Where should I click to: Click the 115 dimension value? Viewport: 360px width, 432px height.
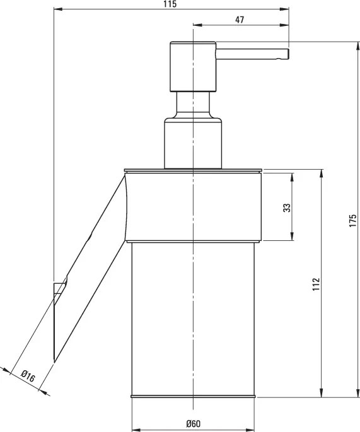click(171, 4)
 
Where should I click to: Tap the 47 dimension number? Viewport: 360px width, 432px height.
click(240, 20)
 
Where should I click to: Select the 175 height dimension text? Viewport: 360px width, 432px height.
click(353, 220)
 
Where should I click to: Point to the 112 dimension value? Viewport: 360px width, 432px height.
click(316, 284)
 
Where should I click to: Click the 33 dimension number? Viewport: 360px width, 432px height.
click(287, 207)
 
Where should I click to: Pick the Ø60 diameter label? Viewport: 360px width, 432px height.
click(194, 423)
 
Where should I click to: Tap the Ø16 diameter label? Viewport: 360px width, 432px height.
click(28, 377)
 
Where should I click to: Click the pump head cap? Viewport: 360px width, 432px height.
click(193, 66)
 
